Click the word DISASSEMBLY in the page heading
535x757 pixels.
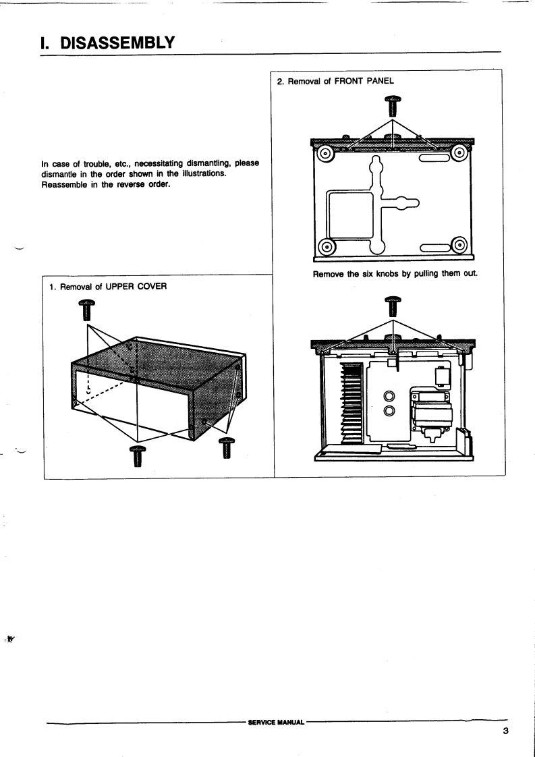118,42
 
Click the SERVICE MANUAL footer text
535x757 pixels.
277,721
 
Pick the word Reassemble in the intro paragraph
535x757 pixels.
67,186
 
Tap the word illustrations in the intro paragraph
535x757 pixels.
196,175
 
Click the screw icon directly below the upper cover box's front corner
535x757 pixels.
137,455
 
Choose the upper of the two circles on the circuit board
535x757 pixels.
389,396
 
